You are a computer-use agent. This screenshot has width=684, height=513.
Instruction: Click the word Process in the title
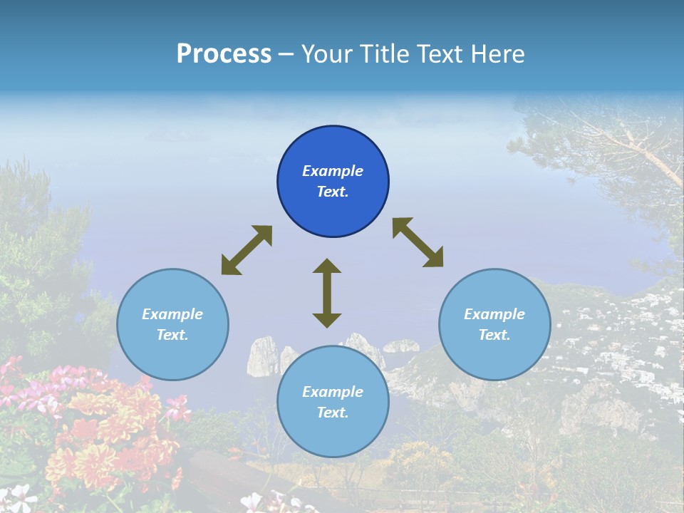[x=224, y=54]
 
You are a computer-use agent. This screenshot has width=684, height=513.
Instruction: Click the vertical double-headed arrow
[x=327, y=294]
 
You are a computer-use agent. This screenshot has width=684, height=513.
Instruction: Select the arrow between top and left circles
[x=247, y=250]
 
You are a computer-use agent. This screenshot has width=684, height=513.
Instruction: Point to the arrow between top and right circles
[x=418, y=242]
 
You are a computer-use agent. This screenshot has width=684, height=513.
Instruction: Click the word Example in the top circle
[x=333, y=171]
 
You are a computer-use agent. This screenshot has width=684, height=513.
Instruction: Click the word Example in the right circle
[x=494, y=314]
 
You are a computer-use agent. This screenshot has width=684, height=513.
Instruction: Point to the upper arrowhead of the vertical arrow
[x=327, y=266]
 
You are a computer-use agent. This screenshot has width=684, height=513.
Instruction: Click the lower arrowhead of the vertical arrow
[x=327, y=320]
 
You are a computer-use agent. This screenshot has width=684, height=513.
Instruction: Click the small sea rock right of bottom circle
[x=402, y=346]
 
